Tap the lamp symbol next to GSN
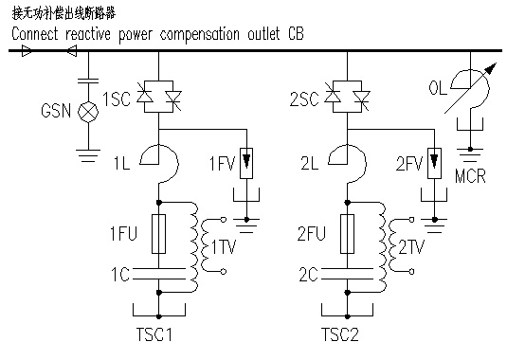tap(91, 110)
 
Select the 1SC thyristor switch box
tap(158, 98)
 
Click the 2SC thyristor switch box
tap(348, 98)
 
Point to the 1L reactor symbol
tap(158, 153)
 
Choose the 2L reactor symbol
tap(348, 153)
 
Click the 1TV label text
tap(224, 247)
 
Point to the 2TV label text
tap(413, 247)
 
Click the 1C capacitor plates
tap(158, 275)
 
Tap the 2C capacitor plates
tap(348, 275)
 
